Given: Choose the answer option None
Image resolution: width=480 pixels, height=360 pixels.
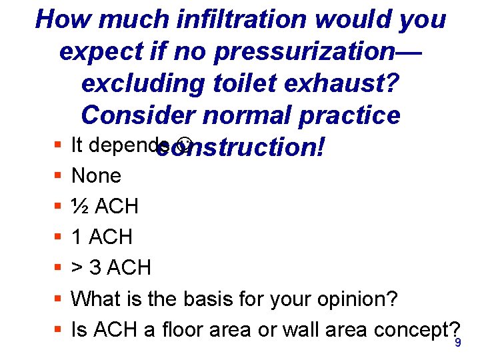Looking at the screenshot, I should (96, 176).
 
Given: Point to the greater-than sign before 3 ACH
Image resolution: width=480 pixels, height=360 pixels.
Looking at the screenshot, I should (77, 268).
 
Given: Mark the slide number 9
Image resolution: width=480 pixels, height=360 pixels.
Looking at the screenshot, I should (457, 343).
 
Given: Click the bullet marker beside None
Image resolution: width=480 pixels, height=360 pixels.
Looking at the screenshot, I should (58, 177).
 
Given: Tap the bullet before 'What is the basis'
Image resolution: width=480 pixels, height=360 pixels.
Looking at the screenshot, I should (58, 299).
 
